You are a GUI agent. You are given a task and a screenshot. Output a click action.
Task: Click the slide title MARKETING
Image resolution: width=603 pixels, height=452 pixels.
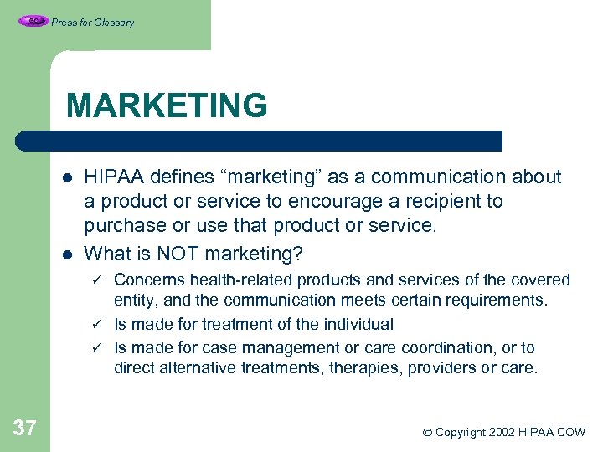point(167,106)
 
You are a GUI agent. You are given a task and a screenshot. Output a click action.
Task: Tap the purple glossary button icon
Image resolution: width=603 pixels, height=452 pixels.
point(33,22)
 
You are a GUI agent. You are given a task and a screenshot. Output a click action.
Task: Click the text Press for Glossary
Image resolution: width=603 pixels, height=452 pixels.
point(92,23)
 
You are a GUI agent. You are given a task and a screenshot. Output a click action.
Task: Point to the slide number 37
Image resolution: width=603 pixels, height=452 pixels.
point(25,429)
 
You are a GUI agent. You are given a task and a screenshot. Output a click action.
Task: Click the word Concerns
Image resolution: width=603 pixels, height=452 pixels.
point(147,280)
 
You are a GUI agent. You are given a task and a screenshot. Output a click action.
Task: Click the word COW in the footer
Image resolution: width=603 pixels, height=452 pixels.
point(570,432)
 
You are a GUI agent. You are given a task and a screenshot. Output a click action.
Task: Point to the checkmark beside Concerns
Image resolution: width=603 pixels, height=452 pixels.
point(96,279)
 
